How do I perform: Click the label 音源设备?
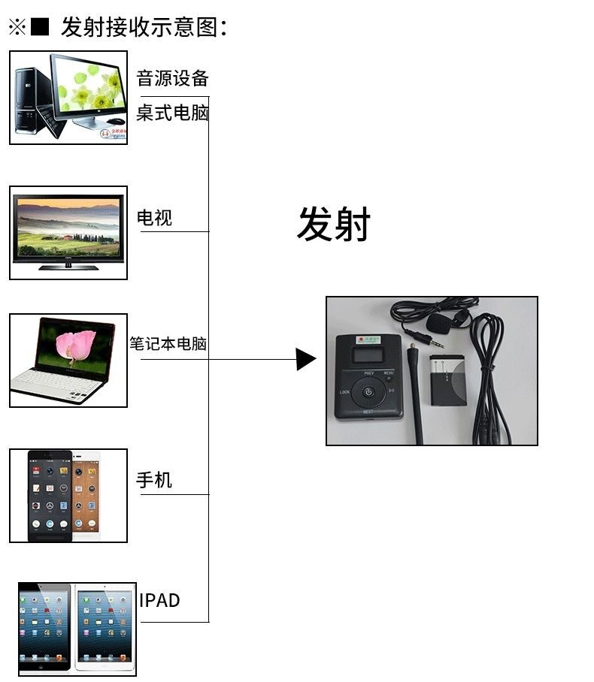click(172, 78)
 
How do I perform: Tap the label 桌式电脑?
click(172, 113)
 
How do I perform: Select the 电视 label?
click(154, 218)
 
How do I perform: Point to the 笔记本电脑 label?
click(168, 344)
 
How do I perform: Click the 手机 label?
click(154, 480)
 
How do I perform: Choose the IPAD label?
click(159, 600)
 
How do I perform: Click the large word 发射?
click(334, 224)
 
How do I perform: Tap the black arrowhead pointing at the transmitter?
click(305, 359)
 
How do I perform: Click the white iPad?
click(105, 626)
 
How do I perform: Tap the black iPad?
click(45, 627)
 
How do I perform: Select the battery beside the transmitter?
click(448, 380)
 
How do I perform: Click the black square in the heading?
click(41, 28)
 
